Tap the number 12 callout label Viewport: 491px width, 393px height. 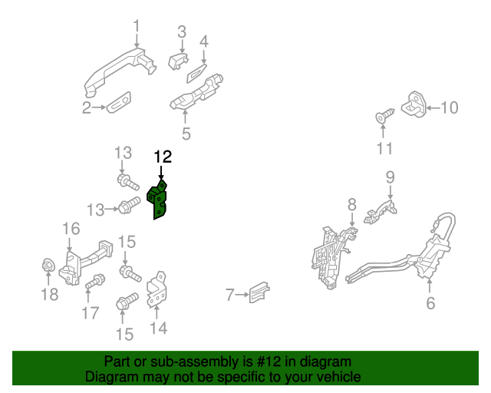click(x=162, y=157)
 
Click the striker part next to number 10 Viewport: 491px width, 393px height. click(x=417, y=105)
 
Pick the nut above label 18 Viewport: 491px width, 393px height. click(x=46, y=267)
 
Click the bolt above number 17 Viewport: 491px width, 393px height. click(x=95, y=282)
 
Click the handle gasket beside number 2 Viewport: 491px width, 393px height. click(x=119, y=101)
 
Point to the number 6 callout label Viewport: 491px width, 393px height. click(x=430, y=303)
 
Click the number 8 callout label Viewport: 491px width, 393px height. click(x=351, y=204)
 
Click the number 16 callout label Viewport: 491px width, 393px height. click(x=71, y=228)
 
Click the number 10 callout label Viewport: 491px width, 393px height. click(x=449, y=107)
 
